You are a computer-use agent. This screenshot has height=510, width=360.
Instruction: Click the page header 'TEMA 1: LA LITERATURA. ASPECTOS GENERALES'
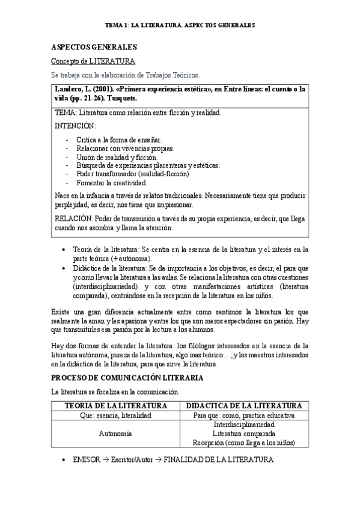tap(180, 26)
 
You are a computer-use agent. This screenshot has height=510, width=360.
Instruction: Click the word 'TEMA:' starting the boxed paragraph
tap(64, 112)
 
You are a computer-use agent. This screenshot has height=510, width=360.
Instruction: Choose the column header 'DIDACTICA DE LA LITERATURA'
tap(243, 405)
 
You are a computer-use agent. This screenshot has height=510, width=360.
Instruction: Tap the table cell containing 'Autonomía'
tap(115, 433)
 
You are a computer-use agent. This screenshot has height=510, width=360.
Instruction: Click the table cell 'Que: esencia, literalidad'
tap(115, 415)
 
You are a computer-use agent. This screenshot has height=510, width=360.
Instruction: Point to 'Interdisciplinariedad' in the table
tap(243, 424)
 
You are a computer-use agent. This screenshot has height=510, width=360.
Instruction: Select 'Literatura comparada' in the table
tap(243, 433)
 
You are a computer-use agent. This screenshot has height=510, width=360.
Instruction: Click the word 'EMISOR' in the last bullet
tap(86, 459)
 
